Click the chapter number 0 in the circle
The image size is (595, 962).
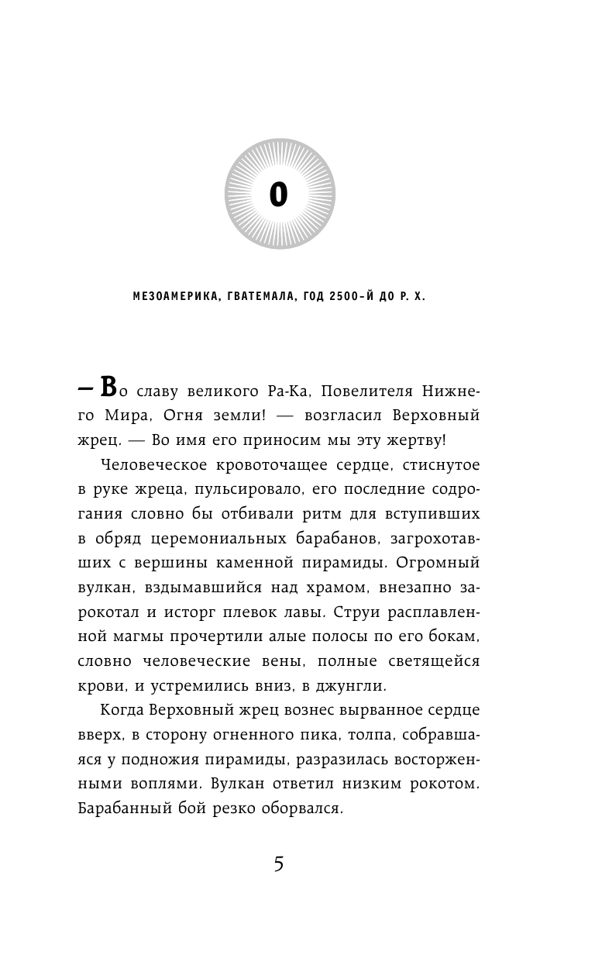click(278, 195)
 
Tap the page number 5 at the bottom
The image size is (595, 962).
click(279, 863)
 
